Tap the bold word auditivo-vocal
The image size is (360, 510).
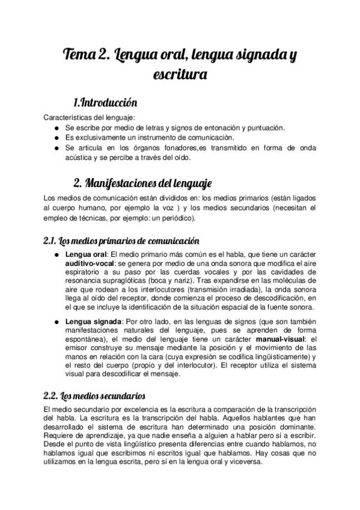(90, 263)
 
